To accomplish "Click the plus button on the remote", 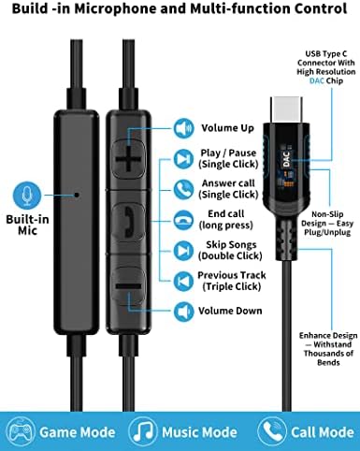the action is click(127, 160).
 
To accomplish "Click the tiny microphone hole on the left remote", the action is click(78, 196).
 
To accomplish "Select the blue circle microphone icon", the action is click(25, 196).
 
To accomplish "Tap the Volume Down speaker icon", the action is click(182, 311).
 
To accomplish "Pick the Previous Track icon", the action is click(182, 279).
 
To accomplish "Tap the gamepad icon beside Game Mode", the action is click(21, 431).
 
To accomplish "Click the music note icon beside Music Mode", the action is click(141, 431).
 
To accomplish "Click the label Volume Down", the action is click(230, 311).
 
